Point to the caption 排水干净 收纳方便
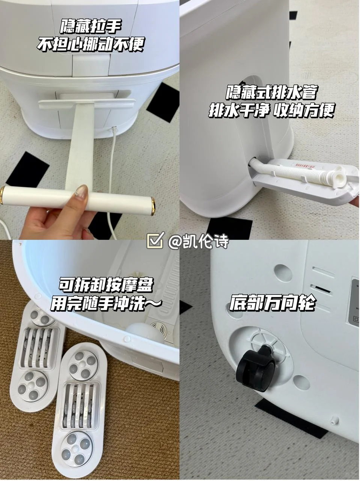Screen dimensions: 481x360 point(271,110)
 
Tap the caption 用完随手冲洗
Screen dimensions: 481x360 point(106,304)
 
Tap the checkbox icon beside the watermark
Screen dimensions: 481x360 point(155,241)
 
